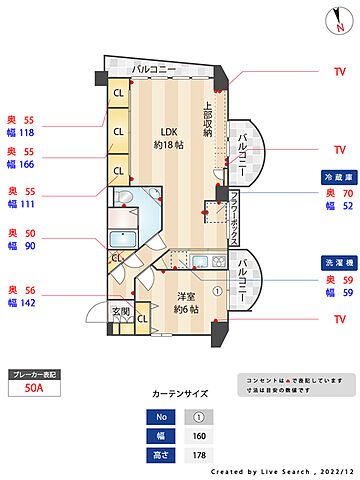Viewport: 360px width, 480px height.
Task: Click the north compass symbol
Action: [334, 20]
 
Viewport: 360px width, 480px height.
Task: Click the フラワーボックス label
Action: [234, 217]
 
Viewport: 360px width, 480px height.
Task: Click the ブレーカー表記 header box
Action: [34, 374]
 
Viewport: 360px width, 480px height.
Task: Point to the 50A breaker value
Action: [34, 390]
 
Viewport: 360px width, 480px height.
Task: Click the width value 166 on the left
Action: [27, 165]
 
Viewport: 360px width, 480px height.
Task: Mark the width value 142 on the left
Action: [27, 302]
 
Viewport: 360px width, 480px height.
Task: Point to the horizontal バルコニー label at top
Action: [154, 69]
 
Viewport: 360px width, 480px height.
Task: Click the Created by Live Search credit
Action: [283, 469]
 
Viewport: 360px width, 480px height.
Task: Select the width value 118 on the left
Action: [27, 131]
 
